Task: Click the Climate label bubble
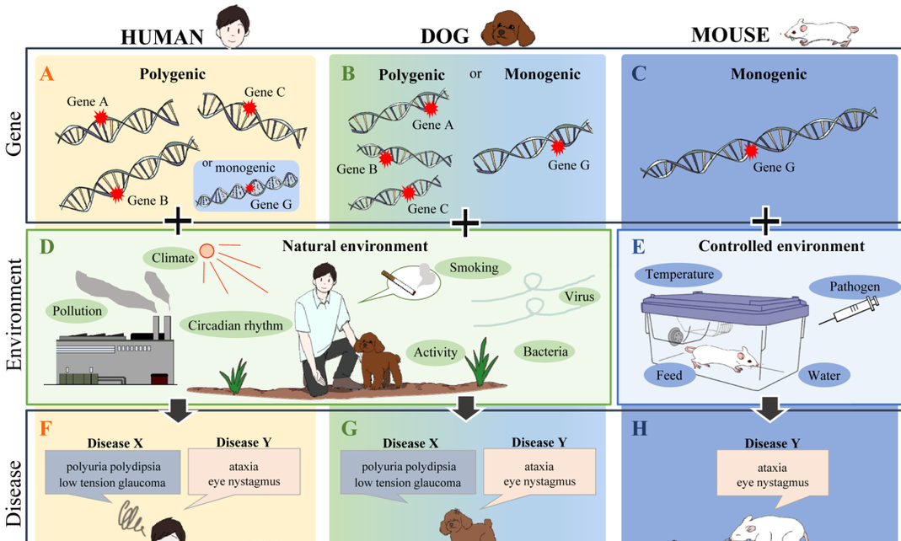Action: pyautogui.click(x=173, y=258)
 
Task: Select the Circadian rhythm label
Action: pyautogui.click(x=236, y=325)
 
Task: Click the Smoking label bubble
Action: pyautogui.click(x=474, y=267)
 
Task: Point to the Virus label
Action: pyautogui.click(x=579, y=297)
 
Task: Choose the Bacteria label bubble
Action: pyautogui.click(x=545, y=351)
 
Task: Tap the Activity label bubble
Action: pyautogui.click(x=436, y=352)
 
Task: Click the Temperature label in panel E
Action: pyautogui.click(x=678, y=275)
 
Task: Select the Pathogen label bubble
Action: pyautogui.click(x=854, y=286)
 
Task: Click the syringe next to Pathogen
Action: pyautogui.click(x=850, y=311)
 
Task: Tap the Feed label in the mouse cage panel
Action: pyautogui.click(x=669, y=376)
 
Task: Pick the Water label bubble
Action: pyautogui.click(x=824, y=376)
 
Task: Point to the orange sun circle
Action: pyautogui.click(x=206, y=251)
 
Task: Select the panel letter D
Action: pyautogui.click(x=46, y=247)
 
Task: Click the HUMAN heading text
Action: pyautogui.click(x=162, y=37)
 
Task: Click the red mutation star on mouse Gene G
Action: pyautogui.click(x=750, y=152)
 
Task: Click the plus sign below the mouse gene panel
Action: pyautogui.click(x=765, y=222)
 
